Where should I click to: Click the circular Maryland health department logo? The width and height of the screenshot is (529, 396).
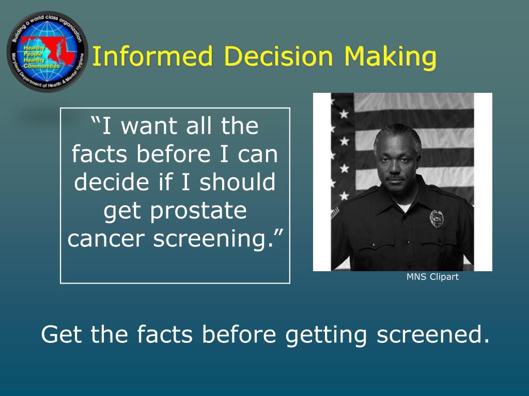pos(47,52)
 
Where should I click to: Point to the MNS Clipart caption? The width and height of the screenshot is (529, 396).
pos(432,277)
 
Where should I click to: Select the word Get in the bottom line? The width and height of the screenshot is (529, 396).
pos(63,335)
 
